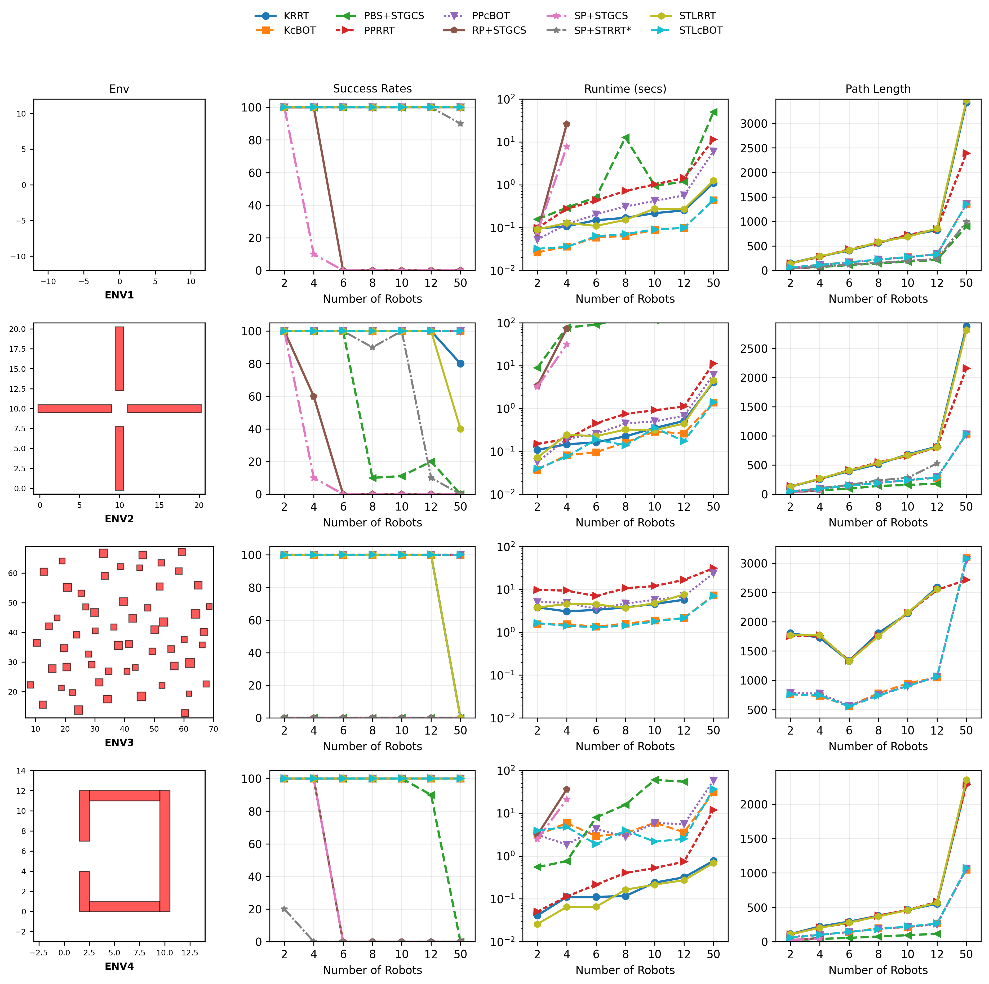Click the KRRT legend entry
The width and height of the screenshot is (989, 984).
295,16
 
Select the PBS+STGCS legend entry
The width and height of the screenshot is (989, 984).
393,16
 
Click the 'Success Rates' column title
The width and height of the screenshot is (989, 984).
372,88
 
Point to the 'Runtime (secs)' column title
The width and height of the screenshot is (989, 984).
625,88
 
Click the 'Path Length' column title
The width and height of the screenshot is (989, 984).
878,88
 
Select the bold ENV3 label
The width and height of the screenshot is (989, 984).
119,743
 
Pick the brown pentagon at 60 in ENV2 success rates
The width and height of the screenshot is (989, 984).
314,397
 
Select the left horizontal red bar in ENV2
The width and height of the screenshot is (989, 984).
75,408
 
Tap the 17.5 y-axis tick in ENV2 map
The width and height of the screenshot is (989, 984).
17,349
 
